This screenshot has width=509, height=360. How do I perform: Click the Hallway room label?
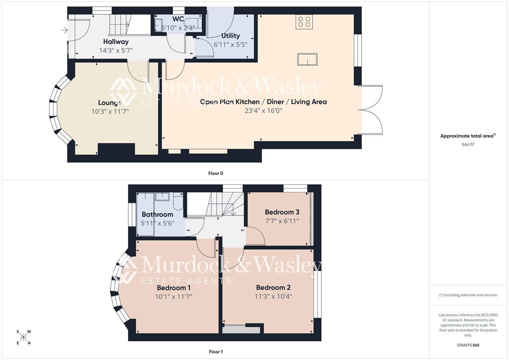[x=116, y=42]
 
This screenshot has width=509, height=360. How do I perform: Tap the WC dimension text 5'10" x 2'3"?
[x=178, y=28]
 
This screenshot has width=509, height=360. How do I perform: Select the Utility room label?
[x=230, y=36]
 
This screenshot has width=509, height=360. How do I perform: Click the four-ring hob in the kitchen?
[x=304, y=22]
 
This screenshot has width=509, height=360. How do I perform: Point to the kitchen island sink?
[x=307, y=60]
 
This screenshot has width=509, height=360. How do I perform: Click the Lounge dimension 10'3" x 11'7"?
[x=110, y=111]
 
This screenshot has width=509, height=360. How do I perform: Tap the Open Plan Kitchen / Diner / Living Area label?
[x=263, y=102]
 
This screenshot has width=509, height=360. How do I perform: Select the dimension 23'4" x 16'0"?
[x=263, y=111]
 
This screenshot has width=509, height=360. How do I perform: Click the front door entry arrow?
[x=65, y=31]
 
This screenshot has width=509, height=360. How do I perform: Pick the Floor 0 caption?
[x=216, y=173]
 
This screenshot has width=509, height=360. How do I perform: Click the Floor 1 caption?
[x=216, y=352]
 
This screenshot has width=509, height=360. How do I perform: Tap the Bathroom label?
[x=157, y=214]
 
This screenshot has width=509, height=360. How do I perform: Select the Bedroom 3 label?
[x=282, y=212]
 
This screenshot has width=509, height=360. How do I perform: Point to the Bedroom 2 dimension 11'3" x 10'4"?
[x=273, y=296]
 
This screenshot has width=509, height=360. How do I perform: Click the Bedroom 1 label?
[x=174, y=288]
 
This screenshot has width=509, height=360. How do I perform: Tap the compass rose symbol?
[x=23, y=337]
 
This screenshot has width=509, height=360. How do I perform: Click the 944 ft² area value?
[x=468, y=145]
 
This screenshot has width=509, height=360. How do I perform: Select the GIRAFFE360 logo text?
[x=468, y=345]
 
